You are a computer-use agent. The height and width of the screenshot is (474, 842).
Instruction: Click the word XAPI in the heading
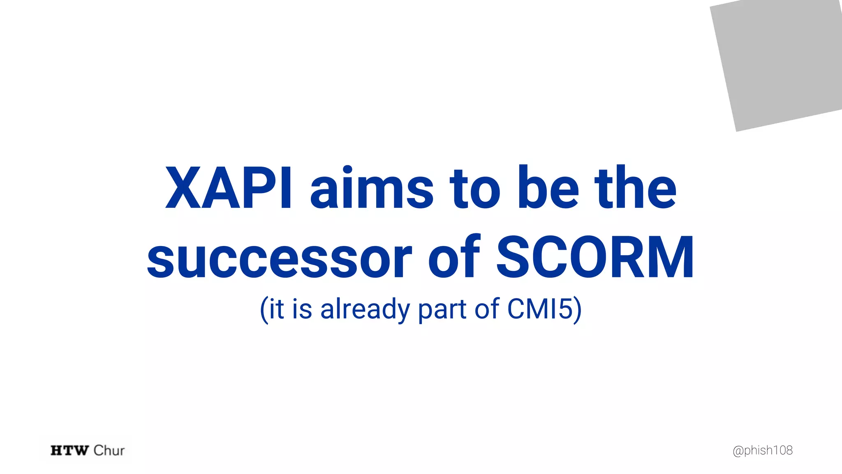click(229, 188)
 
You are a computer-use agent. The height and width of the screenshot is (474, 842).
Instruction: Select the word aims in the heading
click(372, 188)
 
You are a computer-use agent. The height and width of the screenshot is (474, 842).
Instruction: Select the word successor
click(280, 258)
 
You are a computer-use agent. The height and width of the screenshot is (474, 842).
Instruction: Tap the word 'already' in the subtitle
click(365, 309)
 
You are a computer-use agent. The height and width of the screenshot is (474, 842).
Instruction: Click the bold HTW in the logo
click(69, 451)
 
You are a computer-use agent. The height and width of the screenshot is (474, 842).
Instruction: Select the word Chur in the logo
click(109, 451)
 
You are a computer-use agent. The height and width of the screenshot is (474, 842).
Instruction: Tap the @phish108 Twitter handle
click(763, 451)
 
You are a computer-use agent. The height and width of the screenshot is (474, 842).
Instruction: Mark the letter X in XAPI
click(183, 188)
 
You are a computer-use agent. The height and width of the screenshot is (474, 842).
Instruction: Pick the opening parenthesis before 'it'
click(264, 309)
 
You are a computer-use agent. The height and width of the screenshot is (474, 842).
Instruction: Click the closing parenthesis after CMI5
click(578, 309)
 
